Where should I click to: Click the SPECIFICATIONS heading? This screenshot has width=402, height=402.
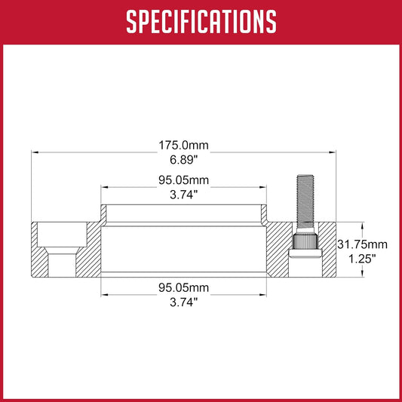coord(201,22)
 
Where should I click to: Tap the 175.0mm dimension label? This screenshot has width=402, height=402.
coord(183,145)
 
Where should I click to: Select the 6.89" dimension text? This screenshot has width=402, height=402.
coord(184,160)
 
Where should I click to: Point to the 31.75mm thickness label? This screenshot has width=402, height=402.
coord(362,244)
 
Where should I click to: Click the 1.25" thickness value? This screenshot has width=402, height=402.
coord(362,259)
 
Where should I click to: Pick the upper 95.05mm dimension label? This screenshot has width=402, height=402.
coord(183,180)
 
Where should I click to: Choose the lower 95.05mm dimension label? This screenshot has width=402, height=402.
coord(183,287)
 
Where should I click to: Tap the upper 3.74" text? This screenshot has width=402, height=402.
coord(184,195)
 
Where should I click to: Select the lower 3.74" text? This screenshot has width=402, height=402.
coord(184,302)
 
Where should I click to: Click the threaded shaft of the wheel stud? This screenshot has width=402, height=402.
coord(305,201)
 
